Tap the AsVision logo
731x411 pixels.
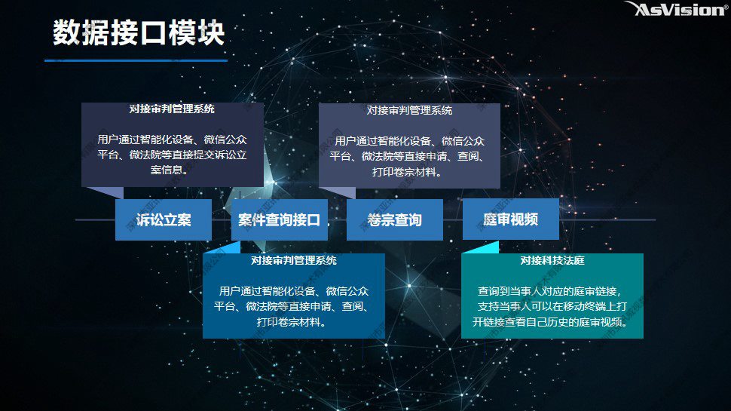pyautogui.click(x=677, y=9)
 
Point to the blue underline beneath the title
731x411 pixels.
pyautogui.click(x=136, y=60)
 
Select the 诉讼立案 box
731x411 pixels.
pyautogui.click(x=164, y=219)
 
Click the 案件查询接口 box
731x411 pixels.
pyautogui.click(x=280, y=219)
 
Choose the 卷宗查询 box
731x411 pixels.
pyautogui.click(x=394, y=219)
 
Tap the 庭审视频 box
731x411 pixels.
pyautogui.click(x=510, y=219)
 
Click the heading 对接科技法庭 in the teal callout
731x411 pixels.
pyautogui.click(x=552, y=260)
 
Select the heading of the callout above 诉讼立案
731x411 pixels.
pyautogui.click(x=172, y=109)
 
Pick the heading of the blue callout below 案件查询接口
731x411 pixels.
pyautogui.click(x=294, y=260)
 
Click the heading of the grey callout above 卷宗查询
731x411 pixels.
pyautogui.click(x=409, y=111)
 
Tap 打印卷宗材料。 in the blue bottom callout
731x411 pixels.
pyautogui.click(x=292, y=322)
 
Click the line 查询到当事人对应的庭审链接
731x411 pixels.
pyautogui.click(x=549, y=291)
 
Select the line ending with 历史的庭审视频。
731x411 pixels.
pyautogui.click(x=549, y=322)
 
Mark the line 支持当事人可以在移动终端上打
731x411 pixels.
pyautogui.click(x=552, y=306)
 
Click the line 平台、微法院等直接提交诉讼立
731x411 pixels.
pyautogui.click(x=172, y=155)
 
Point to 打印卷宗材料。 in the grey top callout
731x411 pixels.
pyautogui.click(x=408, y=172)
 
